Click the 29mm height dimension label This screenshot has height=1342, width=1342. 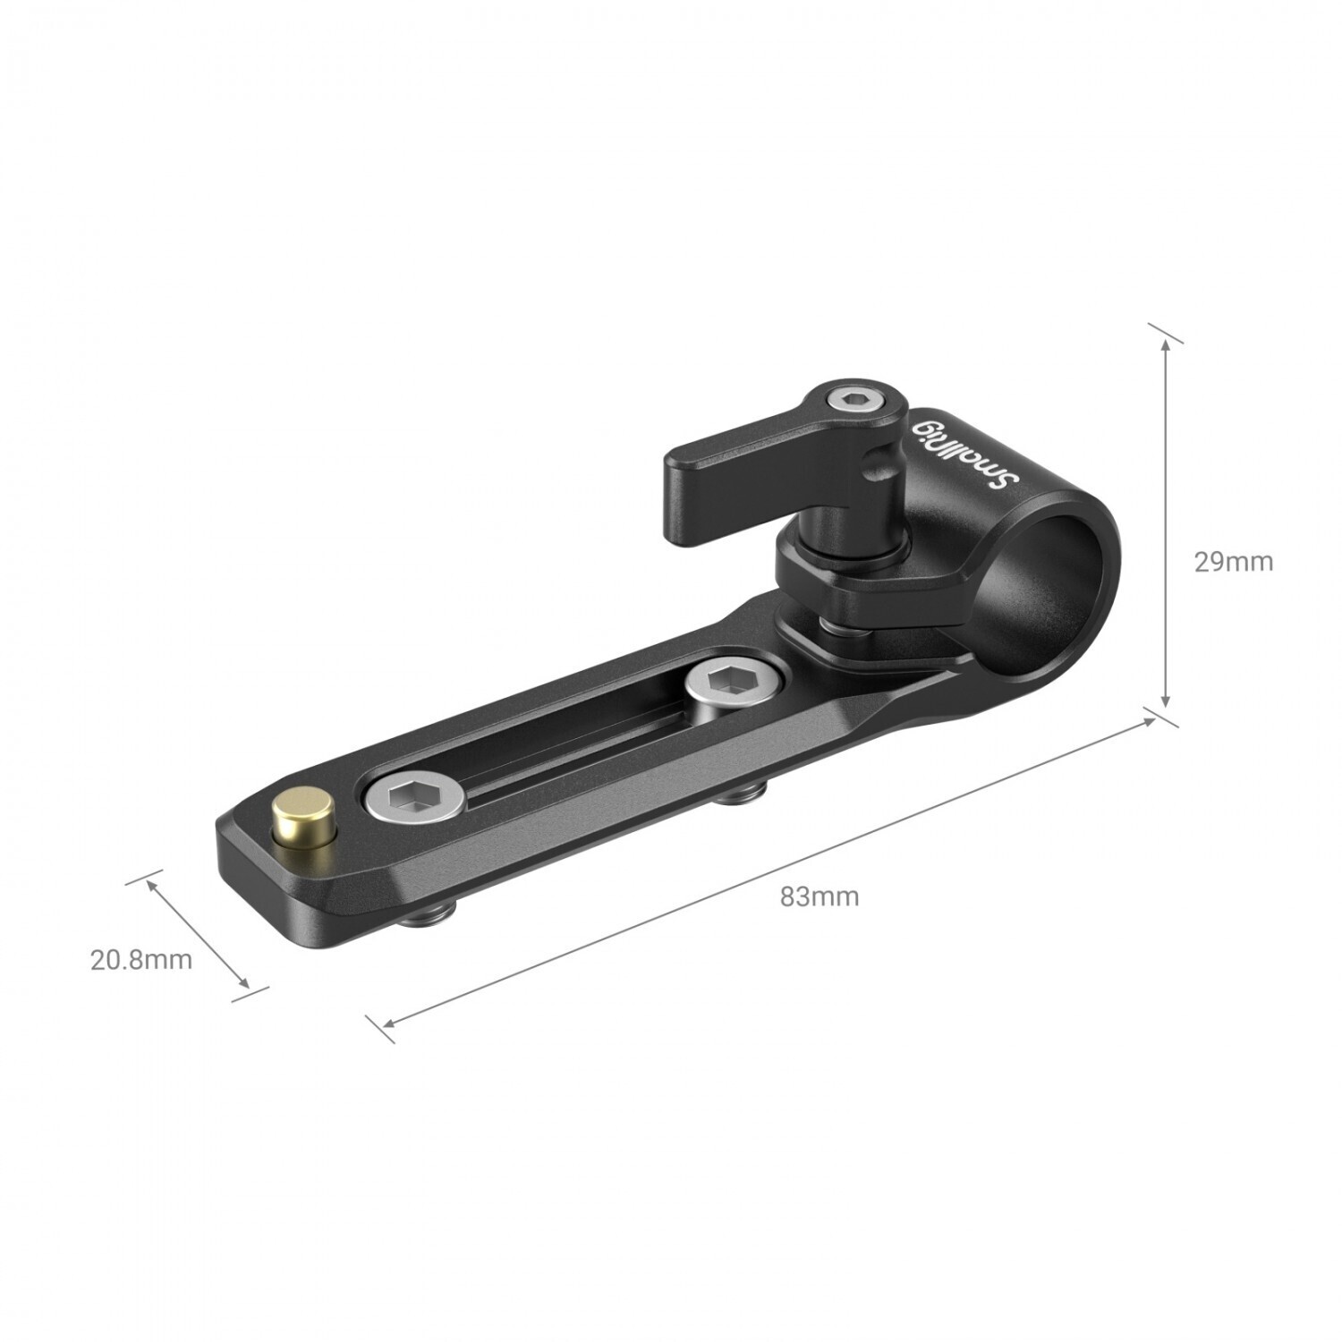(1233, 562)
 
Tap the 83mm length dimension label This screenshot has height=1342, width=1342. (819, 896)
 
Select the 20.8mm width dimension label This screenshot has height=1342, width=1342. (141, 959)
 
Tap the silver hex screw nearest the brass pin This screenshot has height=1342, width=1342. (412, 795)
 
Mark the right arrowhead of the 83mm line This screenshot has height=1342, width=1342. (1149, 721)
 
